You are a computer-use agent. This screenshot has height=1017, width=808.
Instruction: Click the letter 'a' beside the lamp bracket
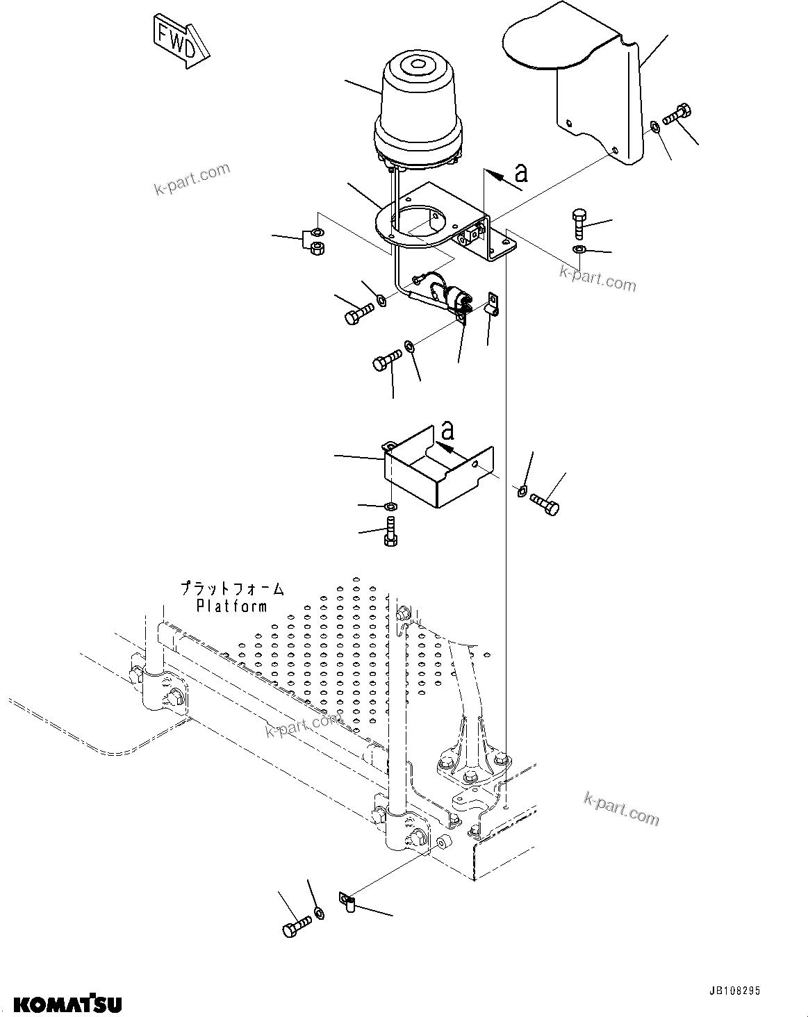pos(520,172)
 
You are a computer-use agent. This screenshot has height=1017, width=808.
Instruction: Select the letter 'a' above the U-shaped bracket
pos(448,431)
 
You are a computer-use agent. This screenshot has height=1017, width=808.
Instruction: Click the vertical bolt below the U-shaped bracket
pos(390,531)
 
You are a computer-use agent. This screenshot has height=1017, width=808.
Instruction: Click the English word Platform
pos(231,606)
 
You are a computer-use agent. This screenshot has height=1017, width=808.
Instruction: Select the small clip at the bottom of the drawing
pos(348,902)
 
